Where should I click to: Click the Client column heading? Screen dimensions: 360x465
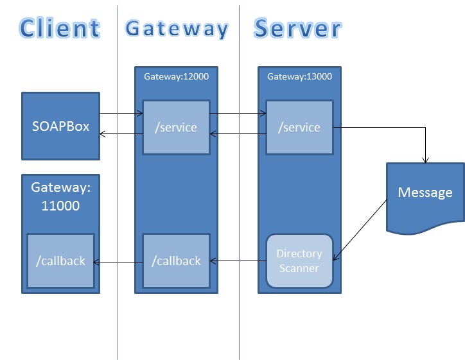[x=60, y=28]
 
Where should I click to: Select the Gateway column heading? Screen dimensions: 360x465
[x=177, y=29]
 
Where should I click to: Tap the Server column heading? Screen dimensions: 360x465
[x=297, y=29]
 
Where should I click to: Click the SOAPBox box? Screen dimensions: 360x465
[x=60, y=126]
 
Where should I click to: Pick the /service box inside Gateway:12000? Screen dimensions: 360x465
[x=176, y=127]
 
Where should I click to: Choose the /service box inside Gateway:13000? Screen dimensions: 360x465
[x=299, y=127]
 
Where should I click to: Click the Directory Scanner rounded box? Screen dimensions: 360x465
[x=299, y=261]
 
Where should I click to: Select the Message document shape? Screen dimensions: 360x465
[x=425, y=193]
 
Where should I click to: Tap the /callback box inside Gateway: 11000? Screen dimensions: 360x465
[x=60, y=261]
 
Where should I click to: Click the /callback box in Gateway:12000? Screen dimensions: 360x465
[x=176, y=261]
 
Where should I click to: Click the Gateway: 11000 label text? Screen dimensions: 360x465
[x=60, y=196]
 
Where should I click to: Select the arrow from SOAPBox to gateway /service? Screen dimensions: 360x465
[x=121, y=114]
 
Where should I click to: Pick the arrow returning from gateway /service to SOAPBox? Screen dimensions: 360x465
[x=121, y=133]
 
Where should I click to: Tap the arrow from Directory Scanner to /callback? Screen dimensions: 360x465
[x=238, y=261]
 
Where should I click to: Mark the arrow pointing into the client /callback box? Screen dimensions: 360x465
[x=118, y=261]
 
